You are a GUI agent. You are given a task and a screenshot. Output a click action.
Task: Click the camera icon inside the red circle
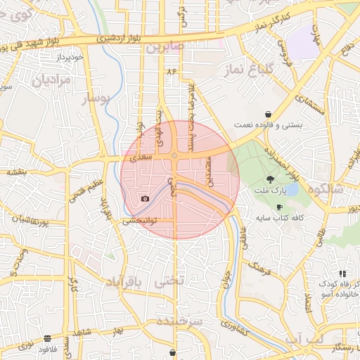pyautogui.click(x=145, y=199)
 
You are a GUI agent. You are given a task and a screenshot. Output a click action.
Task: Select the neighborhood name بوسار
pyautogui.click(x=97, y=99)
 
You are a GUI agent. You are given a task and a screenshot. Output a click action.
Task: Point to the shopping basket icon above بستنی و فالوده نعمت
pyautogui.click(x=269, y=114)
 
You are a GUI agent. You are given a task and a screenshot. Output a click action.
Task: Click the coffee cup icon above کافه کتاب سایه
pyautogui.click(x=280, y=207)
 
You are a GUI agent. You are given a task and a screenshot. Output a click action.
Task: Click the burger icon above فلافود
pyautogui.click(x=47, y=338)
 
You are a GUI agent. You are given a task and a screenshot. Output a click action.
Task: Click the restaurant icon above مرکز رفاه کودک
pyautogui.click(x=342, y=273)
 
